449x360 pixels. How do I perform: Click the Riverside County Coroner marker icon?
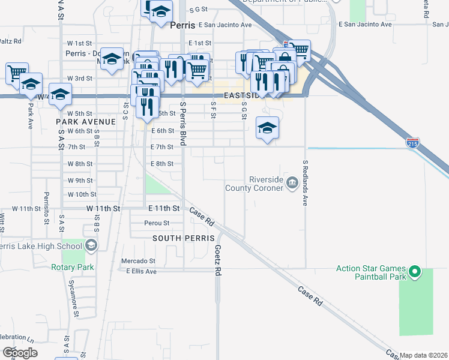click(x=292, y=183)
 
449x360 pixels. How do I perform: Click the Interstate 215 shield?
click(x=412, y=143)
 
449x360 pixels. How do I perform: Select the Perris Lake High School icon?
click(x=91, y=245)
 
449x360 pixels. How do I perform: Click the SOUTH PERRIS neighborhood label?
click(x=183, y=238)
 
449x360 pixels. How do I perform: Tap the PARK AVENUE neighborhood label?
click(x=85, y=122)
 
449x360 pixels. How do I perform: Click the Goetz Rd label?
click(x=218, y=259)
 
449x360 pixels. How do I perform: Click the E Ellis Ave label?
click(x=141, y=271)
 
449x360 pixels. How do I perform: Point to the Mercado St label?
click(x=138, y=261)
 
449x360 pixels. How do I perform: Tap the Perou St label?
click(x=157, y=223)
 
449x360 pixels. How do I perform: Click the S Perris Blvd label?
click(x=183, y=125)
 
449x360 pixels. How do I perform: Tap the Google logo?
click(x=19, y=352)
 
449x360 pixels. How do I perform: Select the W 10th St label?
click(x=82, y=194)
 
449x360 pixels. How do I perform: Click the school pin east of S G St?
click(x=268, y=128)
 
